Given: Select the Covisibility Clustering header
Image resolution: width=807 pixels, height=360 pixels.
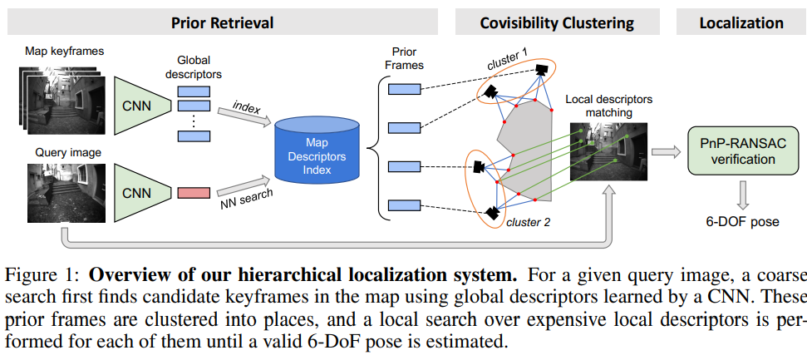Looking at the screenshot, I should (x=557, y=22).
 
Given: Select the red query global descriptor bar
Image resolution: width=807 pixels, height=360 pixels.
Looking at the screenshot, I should (x=194, y=193).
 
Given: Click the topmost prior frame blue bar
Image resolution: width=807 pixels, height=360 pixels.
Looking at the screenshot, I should (x=405, y=89).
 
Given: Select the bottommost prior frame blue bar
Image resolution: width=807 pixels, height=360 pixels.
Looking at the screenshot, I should (x=405, y=204).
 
